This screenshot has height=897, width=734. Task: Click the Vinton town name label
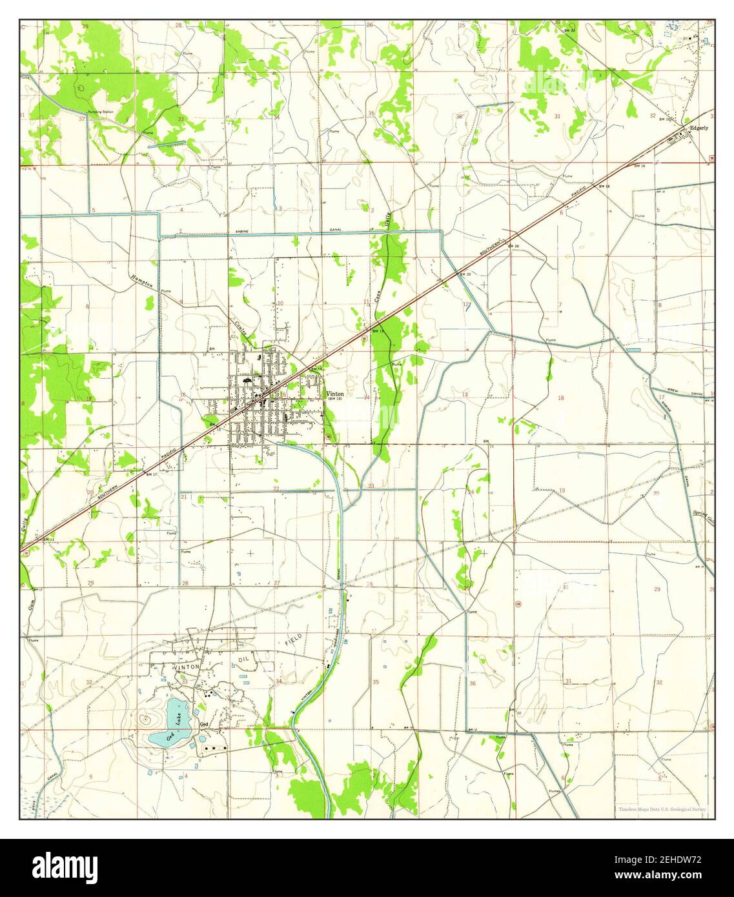point(335,394)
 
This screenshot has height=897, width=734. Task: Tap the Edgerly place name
point(698,128)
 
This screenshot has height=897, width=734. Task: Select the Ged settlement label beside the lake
point(204,724)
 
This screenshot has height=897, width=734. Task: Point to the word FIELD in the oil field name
point(293,640)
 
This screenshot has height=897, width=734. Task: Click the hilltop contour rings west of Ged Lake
point(146,717)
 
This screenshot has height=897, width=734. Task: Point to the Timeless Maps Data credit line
point(662,809)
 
